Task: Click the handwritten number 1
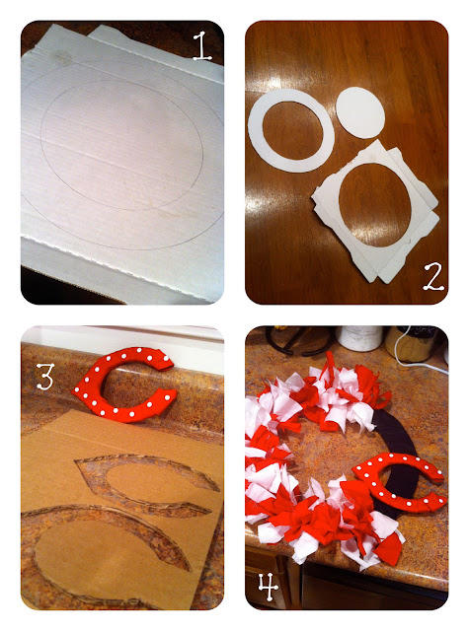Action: click(x=202, y=46)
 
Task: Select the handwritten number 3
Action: click(x=44, y=376)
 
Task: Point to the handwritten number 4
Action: click(x=269, y=587)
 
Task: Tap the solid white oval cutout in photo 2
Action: click(x=360, y=112)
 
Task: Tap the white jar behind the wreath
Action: click(x=359, y=337)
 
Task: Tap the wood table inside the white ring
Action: click(x=291, y=131)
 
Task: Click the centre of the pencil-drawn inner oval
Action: click(x=121, y=145)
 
